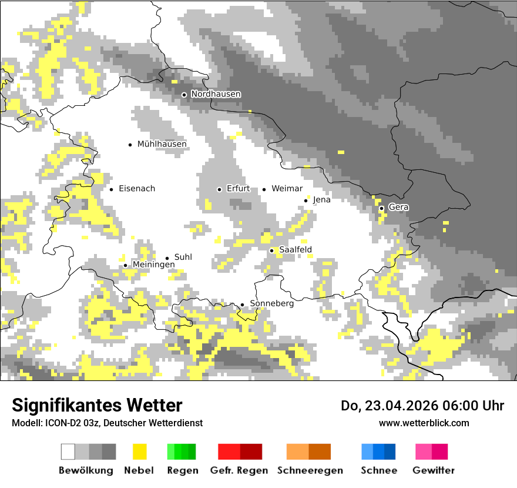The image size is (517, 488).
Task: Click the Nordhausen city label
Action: pyautogui.click(x=216, y=94)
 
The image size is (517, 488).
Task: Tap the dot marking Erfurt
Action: pyautogui.click(x=219, y=189)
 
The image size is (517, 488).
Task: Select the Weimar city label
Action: pyautogui.click(x=287, y=189)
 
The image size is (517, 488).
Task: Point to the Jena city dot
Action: pyautogui.click(x=305, y=200)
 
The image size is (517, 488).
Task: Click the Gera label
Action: pyautogui.click(x=398, y=208)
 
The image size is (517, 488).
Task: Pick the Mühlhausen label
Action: pyautogui.click(x=162, y=144)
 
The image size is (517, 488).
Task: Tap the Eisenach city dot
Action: pyautogui.click(x=111, y=189)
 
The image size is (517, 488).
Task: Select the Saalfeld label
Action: pyautogui.click(x=295, y=250)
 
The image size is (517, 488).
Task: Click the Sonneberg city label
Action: pyautogui.click(x=271, y=304)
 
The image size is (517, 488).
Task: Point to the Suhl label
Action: pyautogui.click(x=183, y=258)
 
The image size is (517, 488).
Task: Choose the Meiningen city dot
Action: pyautogui.click(x=125, y=265)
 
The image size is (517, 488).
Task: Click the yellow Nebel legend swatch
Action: pyautogui.click(x=140, y=452)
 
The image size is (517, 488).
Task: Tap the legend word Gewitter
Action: pyautogui.click(x=434, y=470)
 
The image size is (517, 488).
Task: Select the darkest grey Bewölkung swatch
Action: pyautogui.click(x=109, y=452)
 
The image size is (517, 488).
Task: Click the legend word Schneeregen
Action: pyautogui.click(x=310, y=470)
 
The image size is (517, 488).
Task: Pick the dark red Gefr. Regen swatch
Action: pyautogui.click(x=251, y=452)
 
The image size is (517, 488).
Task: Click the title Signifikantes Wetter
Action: pyautogui.click(x=97, y=405)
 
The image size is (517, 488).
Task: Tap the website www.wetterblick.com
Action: pyautogui.click(x=424, y=423)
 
